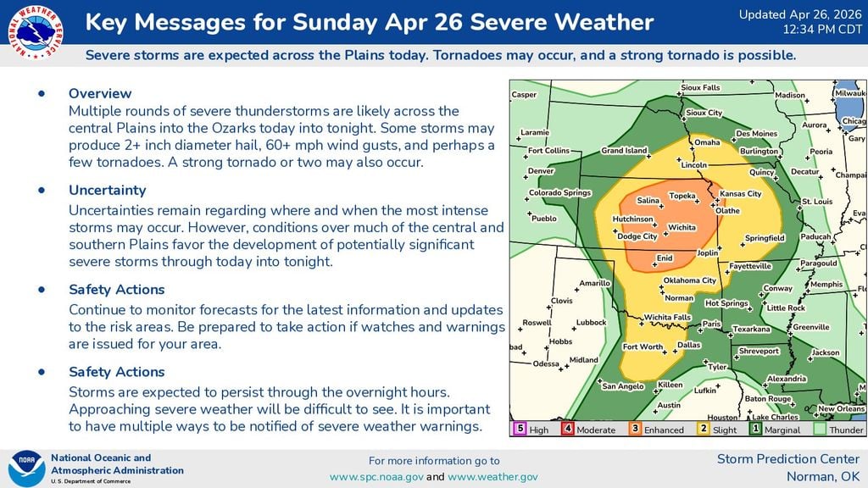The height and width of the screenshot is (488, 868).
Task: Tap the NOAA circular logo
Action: (x=25, y=469)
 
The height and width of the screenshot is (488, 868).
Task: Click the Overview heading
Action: (x=100, y=93)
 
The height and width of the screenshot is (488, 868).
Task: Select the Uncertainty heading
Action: (x=107, y=190)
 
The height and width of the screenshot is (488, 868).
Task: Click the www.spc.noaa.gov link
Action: (x=376, y=477)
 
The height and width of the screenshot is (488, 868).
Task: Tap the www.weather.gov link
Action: (x=492, y=477)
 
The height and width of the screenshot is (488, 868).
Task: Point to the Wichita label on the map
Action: (x=682, y=228)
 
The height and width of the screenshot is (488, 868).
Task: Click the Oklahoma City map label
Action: (x=689, y=280)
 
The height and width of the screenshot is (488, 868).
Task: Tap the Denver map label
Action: (x=541, y=171)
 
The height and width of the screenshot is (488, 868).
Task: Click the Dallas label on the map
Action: (x=689, y=345)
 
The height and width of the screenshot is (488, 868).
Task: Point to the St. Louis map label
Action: (x=817, y=202)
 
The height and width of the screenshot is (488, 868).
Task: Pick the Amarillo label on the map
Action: (x=594, y=283)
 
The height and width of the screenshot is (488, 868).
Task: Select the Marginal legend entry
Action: (x=775, y=430)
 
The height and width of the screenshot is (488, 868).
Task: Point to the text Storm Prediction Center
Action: (x=788, y=459)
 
